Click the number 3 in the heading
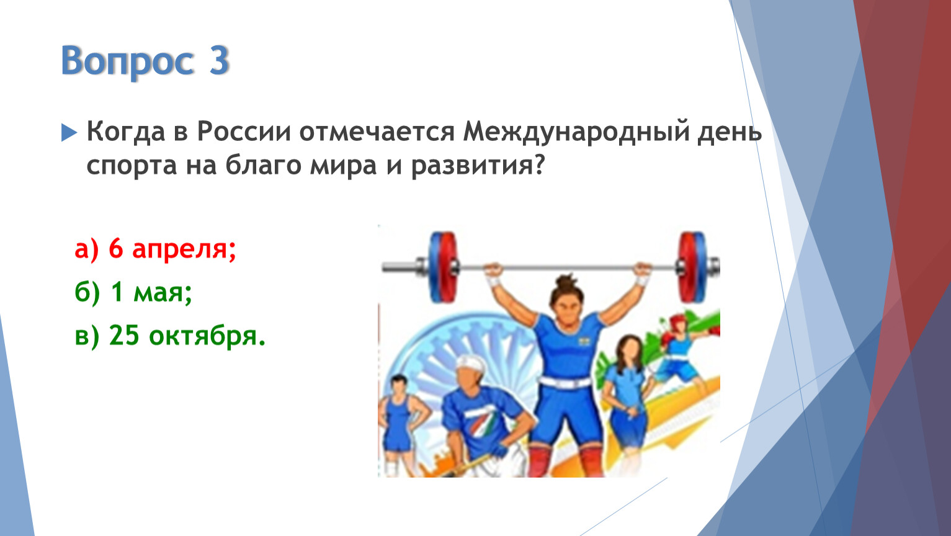point(219,60)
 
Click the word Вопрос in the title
point(127,61)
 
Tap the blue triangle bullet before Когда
point(69,133)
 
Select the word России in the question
point(244,132)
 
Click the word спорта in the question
point(132,166)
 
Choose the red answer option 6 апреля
point(155,249)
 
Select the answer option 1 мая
point(133,293)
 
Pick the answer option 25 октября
point(170,336)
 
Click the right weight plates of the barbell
point(692,267)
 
